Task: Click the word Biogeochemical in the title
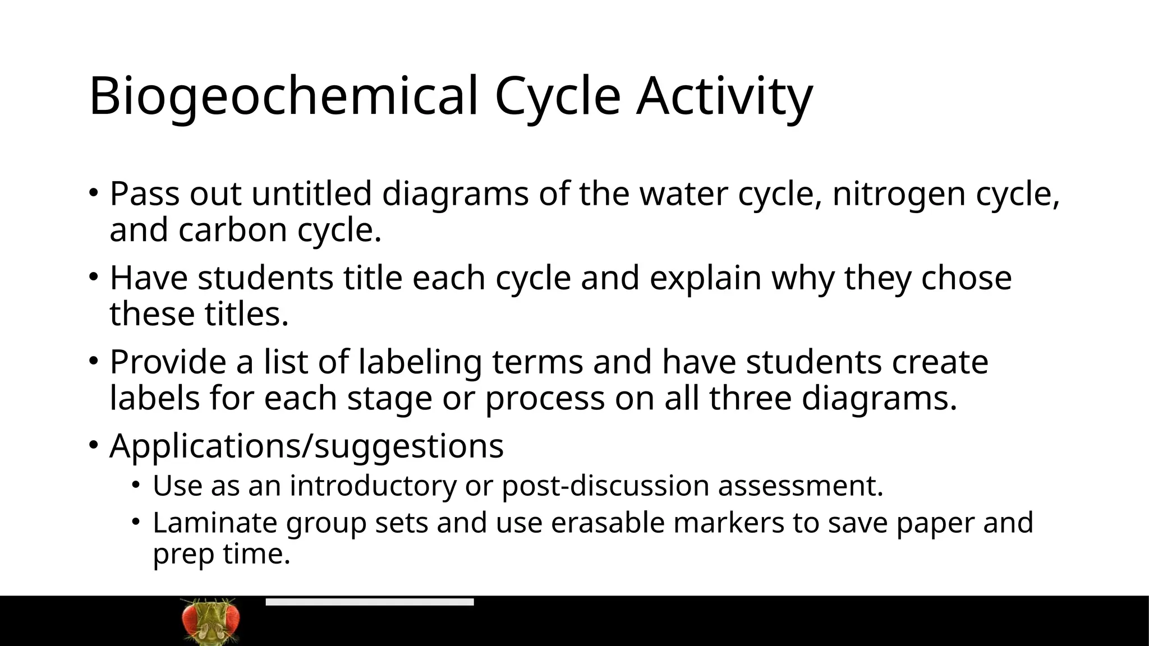283,96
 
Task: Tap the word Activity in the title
724,96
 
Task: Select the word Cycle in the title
558,96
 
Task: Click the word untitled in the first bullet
311,194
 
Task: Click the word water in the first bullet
683,194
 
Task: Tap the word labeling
420,363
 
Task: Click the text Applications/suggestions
306,447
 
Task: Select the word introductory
373,486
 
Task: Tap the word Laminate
215,523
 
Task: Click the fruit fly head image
211,621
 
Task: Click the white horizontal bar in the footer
370,602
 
